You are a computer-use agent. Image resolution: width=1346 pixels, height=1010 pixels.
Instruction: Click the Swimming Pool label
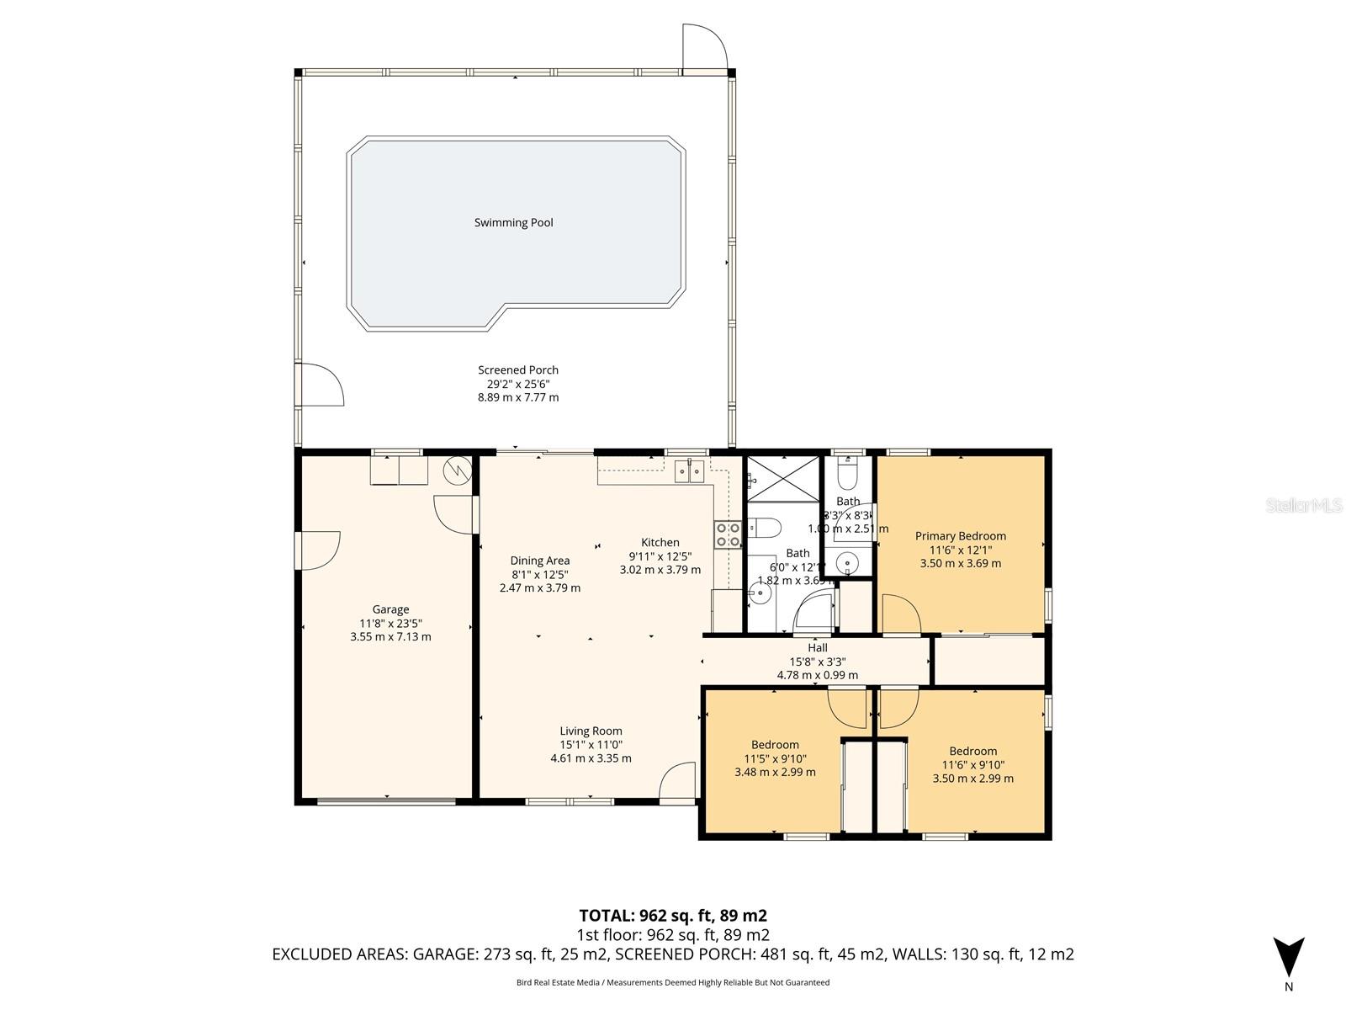[x=513, y=223]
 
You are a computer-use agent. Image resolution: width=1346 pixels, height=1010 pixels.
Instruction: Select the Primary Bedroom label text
[x=960, y=536]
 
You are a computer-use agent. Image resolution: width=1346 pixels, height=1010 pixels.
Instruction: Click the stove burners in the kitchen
[x=728, y=534]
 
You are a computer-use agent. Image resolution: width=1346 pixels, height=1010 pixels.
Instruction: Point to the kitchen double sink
[x=694, y=471]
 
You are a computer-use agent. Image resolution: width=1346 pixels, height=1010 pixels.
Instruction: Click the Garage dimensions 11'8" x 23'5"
[x=390, y=624]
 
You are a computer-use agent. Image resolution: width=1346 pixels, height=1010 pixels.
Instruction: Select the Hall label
[x=818, y=648]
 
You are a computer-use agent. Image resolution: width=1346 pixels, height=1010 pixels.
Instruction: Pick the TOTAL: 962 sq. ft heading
[x=672, y=916]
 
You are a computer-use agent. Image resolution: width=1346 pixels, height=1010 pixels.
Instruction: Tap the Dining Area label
[x=539, y=561]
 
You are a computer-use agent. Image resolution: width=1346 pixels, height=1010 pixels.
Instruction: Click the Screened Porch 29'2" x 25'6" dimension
[x=518, y=384]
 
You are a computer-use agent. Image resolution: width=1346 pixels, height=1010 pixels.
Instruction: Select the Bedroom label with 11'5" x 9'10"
[x=775, y=745]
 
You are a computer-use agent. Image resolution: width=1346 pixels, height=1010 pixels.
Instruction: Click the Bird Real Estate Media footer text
[x=672, y=982]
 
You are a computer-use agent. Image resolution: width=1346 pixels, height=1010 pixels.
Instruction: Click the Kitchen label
[x=660, y=543]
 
